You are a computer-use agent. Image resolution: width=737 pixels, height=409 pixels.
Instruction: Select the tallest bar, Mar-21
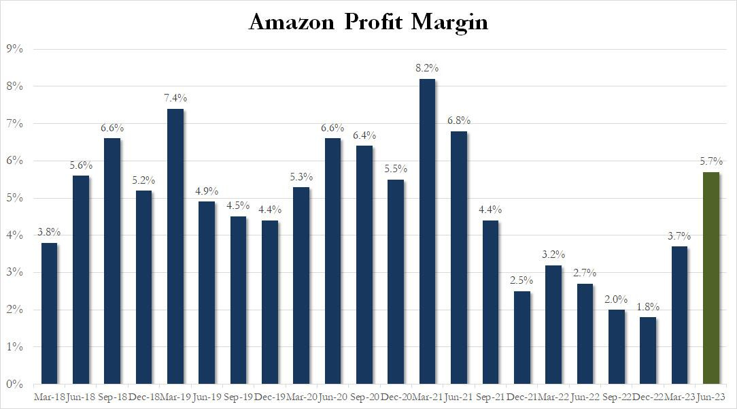point(427,231)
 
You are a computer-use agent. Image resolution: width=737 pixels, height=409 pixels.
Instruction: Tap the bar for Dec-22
point(648,350)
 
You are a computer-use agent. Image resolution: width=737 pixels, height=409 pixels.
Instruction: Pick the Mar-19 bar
point(175,246)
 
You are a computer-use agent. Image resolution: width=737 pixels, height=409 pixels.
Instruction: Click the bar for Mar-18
point(50,313)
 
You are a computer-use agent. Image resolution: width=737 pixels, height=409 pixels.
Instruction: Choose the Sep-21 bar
point(490,302)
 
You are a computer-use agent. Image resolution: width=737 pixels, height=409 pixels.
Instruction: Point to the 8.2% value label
point(427,68)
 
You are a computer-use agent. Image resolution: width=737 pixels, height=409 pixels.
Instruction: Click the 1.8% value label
point(648,306)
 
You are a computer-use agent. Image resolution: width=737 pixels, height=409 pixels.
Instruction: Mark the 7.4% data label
point(175,98)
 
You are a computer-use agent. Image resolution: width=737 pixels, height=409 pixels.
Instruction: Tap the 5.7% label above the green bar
point(710,161)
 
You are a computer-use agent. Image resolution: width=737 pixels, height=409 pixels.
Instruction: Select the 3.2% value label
point(553,255)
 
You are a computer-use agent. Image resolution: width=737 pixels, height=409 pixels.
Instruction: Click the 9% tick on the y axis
point(14,49)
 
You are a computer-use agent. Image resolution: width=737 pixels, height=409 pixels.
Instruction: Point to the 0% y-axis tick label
point(14,384)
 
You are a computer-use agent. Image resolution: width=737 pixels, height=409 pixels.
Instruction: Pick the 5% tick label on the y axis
point(14,198)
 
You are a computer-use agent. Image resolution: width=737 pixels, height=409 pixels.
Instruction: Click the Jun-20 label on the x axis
point(332,396)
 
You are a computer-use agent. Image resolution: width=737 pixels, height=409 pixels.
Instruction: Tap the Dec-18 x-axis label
point(144,396)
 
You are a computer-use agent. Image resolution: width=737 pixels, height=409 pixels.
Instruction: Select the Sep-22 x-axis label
point(616,396)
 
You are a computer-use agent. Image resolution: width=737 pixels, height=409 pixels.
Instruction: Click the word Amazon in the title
point(292,22)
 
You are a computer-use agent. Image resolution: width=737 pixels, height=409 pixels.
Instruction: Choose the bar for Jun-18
point(81,280)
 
